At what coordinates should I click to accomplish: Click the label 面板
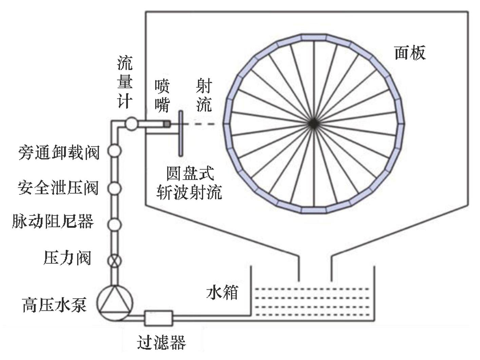coord(409,53)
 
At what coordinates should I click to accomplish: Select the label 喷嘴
coord(162,96)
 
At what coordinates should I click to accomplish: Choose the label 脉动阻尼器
coord(53,222)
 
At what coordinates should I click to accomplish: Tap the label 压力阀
coord(68,258)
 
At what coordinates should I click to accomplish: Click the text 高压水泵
coord(54,304)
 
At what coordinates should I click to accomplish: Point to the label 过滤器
coord(162,343)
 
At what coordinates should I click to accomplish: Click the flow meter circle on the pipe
coord(131,123)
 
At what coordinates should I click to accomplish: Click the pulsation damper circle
coord(115,224)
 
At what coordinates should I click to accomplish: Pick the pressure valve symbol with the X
coord(115,261)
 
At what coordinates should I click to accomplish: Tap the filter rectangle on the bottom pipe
coord(159,318)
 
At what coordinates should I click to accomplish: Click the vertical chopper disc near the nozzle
coord(181,133)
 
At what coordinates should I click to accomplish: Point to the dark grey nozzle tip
coord(167,125)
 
